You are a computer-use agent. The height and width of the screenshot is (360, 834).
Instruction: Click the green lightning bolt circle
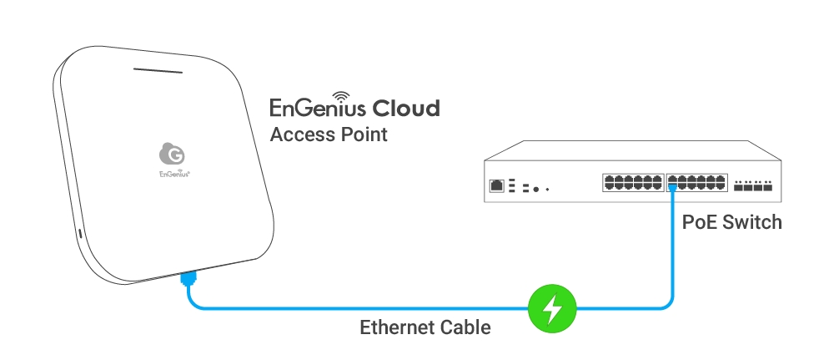(551, 310)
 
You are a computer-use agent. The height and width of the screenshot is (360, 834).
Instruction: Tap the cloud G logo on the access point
(173, 154)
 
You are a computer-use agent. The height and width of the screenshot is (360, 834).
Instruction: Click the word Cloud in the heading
(405, 108)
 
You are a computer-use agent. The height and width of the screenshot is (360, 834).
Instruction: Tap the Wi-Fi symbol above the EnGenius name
(342, 97)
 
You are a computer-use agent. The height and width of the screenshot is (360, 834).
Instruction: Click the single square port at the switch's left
(497, 185)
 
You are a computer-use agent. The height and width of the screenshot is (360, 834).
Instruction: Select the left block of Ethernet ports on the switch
(632, 183)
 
